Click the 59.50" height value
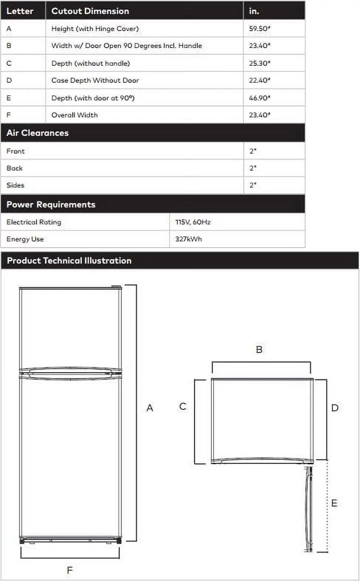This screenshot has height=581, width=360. [x=259, y=28]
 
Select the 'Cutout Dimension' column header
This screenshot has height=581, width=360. [x=90, y=11]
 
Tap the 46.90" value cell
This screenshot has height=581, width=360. [x=259, y=98]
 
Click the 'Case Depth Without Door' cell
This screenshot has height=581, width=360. [x=95, y=80]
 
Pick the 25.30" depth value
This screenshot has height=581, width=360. [x=259, y=63]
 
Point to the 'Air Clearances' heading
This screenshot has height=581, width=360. [x=38, y=133]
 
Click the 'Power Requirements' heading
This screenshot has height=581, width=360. [x=51, y=204]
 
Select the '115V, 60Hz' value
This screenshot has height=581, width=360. [x=193, y=222]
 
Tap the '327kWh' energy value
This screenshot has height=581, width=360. [x=188, y=239]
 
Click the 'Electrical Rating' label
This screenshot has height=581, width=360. [x=34, y=222]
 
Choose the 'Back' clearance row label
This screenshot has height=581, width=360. [x=15, y=168]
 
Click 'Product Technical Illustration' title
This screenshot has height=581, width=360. [x=69, y=261]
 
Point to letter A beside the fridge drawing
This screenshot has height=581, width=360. [x=150, y=408]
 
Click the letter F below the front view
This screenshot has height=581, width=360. [x=70, y=570]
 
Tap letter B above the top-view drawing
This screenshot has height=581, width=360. [x=259, y=350]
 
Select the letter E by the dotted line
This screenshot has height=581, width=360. [x=334, y=503]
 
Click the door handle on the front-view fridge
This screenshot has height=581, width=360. [x=70, y=373]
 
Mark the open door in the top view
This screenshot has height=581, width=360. [x=309, y=509]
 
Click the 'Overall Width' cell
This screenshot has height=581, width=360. [x=75, y=115]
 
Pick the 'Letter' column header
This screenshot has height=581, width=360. [x=20, y=11]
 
